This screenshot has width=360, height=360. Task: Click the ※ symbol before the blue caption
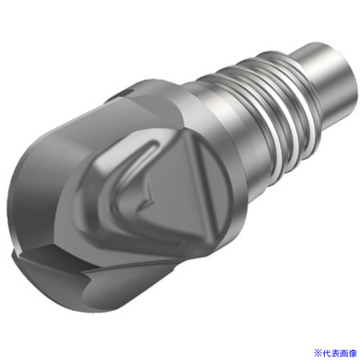318,353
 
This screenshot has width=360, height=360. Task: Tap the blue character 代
326,353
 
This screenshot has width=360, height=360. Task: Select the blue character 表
335,353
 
